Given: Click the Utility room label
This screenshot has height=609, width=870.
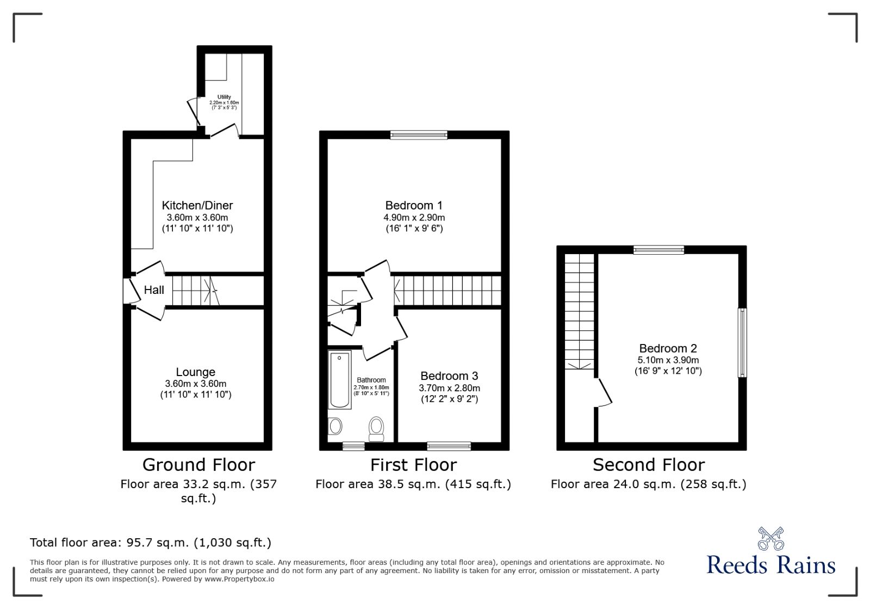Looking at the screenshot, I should (x=224, y=97).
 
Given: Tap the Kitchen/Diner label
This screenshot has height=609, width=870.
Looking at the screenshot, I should (x=197, y=205).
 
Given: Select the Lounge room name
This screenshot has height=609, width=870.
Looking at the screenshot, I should (x=195, y=372).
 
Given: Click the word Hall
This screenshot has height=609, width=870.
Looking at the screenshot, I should (x=154, y=290).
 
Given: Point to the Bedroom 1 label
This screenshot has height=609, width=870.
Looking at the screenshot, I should (x=413, y=205).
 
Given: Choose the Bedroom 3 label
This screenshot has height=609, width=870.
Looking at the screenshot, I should (x=449, y=376).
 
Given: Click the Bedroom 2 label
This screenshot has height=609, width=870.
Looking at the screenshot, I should (x=668, y=348).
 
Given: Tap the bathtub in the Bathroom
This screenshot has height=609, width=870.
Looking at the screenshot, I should (x=340, y=380).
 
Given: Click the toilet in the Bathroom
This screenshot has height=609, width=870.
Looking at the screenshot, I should (x=376, y=428).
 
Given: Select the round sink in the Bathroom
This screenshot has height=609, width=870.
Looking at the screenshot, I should (x=335, y=426).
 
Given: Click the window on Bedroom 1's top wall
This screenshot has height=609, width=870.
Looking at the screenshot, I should (x=419, y=135).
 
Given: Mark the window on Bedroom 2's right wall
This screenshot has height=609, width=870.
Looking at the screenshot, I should (x=742, y=343).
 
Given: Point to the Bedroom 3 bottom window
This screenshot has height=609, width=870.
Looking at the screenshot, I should (x=449, y=446).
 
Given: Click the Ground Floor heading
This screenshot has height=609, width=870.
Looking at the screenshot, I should (x=198, y=465).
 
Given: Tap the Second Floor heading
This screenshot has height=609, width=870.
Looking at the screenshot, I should (x=648, y=465).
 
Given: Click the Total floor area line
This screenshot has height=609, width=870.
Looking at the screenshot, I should (x=150, y=542).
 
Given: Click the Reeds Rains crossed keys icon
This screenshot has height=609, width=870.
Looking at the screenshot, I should (x=770, y=538).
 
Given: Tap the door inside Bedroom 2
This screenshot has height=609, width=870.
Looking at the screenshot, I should (x=605, y=392).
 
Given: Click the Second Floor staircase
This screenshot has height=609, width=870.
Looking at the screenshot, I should (x=579, y=310).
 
